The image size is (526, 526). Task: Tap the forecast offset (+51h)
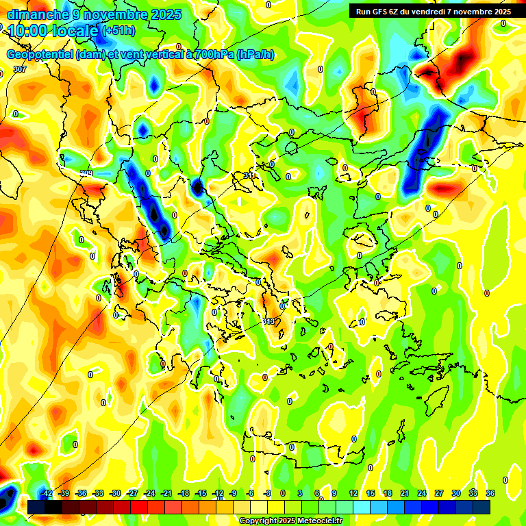[x=118, y=31]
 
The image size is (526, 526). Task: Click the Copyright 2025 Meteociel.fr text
[x=291, y=521]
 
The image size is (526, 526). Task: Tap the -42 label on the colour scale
[x=47, y=493]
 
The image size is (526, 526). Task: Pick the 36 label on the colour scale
[x=490, y=493]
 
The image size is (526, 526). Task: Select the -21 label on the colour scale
[x=166, y=493]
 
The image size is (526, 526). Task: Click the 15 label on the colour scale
[x=371, y=493]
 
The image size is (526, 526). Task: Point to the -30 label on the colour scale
[x=115, y=493]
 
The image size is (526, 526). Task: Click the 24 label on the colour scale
[x=422, y=493]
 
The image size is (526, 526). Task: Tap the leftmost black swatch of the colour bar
[x=36, y=507]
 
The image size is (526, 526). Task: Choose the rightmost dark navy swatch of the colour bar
[x=481, y=507]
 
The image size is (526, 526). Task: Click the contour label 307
[x=20, y=69]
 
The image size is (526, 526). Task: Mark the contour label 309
[x=86, y=173]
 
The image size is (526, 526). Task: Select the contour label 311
[x=250, y=176]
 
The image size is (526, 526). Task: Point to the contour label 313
[x=268, y=321]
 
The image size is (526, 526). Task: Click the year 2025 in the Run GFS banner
[x=498, y=11]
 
